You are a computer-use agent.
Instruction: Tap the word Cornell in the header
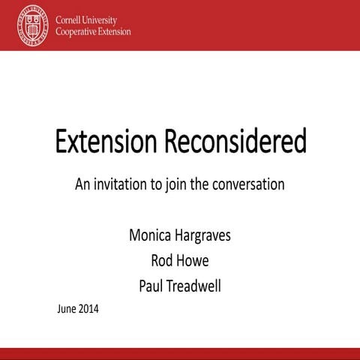[69, 20]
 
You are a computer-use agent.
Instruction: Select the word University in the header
[107, 20]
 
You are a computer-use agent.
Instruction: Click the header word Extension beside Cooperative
[117, 32]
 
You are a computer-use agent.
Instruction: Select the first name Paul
[152, 285]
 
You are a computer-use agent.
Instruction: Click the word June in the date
[67, 307]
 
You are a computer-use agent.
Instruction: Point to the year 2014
[88, 307]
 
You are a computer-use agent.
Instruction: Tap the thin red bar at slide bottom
[180, 352]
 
